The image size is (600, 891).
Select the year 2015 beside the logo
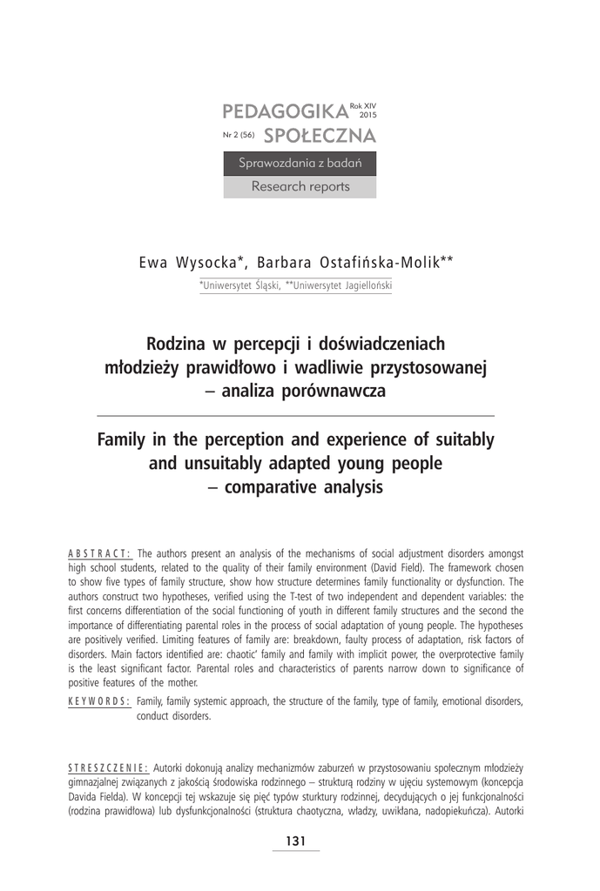pyautogui.click(x=368, y=115)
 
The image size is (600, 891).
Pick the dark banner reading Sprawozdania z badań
pyautogui.click(x=300, y=163)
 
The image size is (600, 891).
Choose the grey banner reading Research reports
pyautogui.click(x=300, y=186)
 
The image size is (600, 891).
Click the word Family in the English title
pyautogui.click(x=123, y=440)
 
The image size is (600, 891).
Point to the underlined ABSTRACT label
pyautogui.click(x=99, y=553)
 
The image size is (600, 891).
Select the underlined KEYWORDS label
pyautogui.click(x=99, y=701)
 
